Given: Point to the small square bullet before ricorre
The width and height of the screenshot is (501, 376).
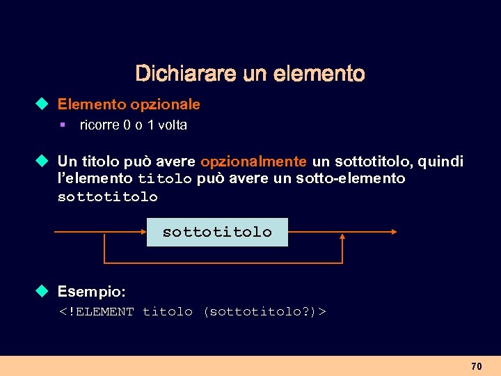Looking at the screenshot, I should coord(62,125).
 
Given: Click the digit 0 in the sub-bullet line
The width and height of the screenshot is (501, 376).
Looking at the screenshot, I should coord(127,125).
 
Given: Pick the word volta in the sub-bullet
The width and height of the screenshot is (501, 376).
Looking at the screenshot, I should coord(173,125).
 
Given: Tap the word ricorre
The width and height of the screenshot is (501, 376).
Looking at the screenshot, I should coord(100,125).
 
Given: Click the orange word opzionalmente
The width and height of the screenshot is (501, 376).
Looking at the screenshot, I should coord(253,162).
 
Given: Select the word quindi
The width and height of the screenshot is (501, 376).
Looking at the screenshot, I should coord(440,162).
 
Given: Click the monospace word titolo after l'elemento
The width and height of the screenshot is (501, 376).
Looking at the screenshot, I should coord(164,180).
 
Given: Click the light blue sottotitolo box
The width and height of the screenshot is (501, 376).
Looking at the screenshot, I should coord(217,232).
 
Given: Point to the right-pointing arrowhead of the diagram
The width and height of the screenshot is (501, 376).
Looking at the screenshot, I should coord(394,232).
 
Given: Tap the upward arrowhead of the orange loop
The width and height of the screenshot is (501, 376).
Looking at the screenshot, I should coord(342,237).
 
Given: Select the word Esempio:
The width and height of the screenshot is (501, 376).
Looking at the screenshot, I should coord(91,290).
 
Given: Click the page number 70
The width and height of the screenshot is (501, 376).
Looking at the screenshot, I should coord(477,366).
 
